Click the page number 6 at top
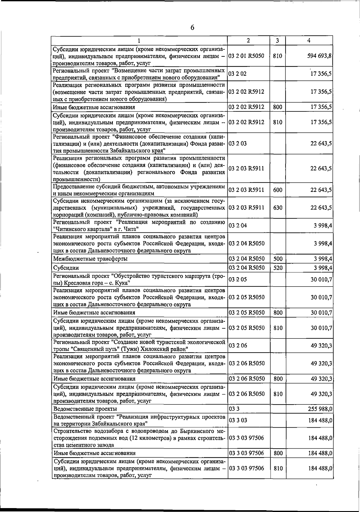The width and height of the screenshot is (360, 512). point(192,28)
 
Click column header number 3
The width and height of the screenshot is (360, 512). point(277,41)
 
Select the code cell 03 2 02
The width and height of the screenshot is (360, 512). point(238,74)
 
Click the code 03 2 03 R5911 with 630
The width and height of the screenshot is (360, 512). point(246,208)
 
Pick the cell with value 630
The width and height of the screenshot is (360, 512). point(278,208)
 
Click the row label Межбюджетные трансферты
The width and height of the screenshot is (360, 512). point(90,259)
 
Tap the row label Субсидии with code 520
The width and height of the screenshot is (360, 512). point(66,268)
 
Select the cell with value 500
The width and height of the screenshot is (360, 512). point(278,259)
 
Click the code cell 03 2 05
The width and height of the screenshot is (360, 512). point(238,280)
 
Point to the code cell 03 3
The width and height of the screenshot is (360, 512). point(234,409)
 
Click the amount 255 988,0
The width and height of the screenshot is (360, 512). point(320,409)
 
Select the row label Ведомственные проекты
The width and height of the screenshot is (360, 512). point(85,409)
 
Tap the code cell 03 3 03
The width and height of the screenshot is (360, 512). point(238,420)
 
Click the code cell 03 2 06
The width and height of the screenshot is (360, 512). point(238,346)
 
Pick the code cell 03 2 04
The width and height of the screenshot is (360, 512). point(238,226)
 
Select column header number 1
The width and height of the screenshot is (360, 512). point(139,41)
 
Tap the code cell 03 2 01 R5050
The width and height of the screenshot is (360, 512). point(246,56)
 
